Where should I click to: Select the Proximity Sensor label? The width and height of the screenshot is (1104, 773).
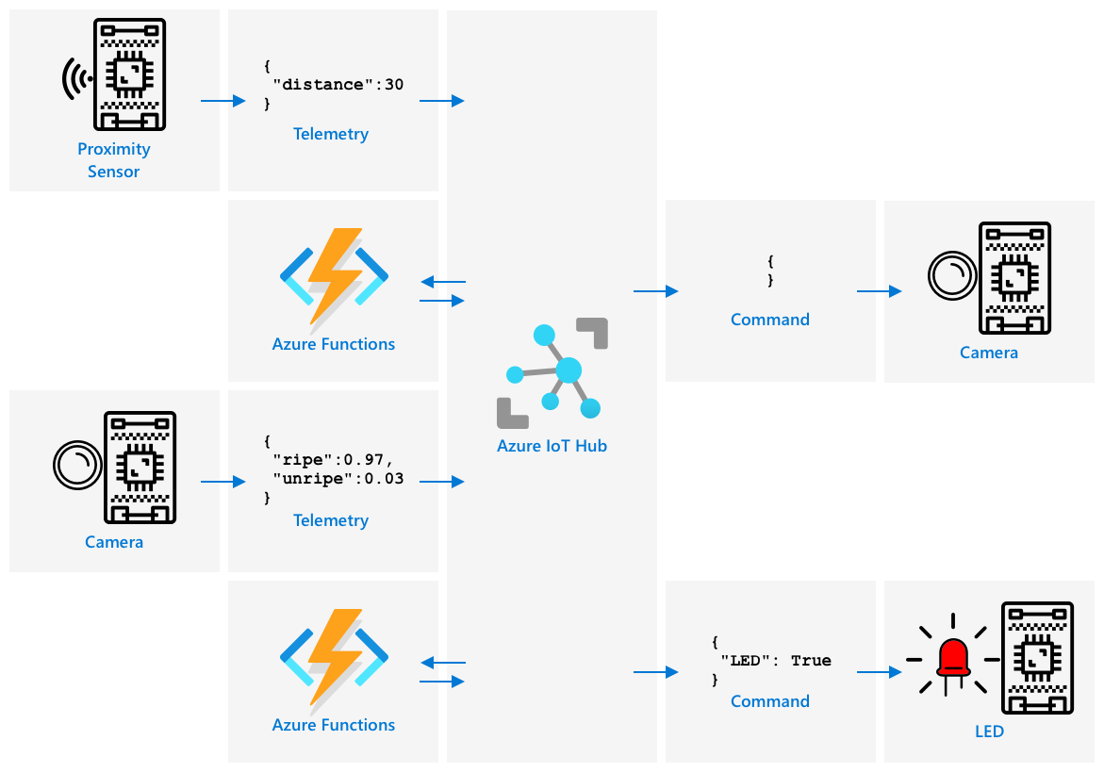(114, 160)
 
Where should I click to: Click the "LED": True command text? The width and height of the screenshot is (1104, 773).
(776, 661)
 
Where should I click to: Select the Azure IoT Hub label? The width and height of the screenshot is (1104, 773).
(552, 446)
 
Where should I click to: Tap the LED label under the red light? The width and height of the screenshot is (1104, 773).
(989, 732)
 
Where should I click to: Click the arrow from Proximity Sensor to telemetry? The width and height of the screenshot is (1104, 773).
(222, 101)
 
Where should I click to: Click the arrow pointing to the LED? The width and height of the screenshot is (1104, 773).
(879, 673)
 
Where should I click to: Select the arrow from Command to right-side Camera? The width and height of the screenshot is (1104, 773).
(879, 292)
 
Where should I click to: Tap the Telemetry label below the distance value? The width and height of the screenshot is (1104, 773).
(331, 134)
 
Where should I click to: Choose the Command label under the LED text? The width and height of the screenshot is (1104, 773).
(770, 701)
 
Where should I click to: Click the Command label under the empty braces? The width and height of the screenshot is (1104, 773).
(770, 320)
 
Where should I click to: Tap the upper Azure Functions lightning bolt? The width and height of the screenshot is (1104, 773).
(335, 274)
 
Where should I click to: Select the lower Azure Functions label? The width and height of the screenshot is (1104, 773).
(334, 725)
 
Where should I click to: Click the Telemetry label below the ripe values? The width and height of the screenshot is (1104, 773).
(331, 520)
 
